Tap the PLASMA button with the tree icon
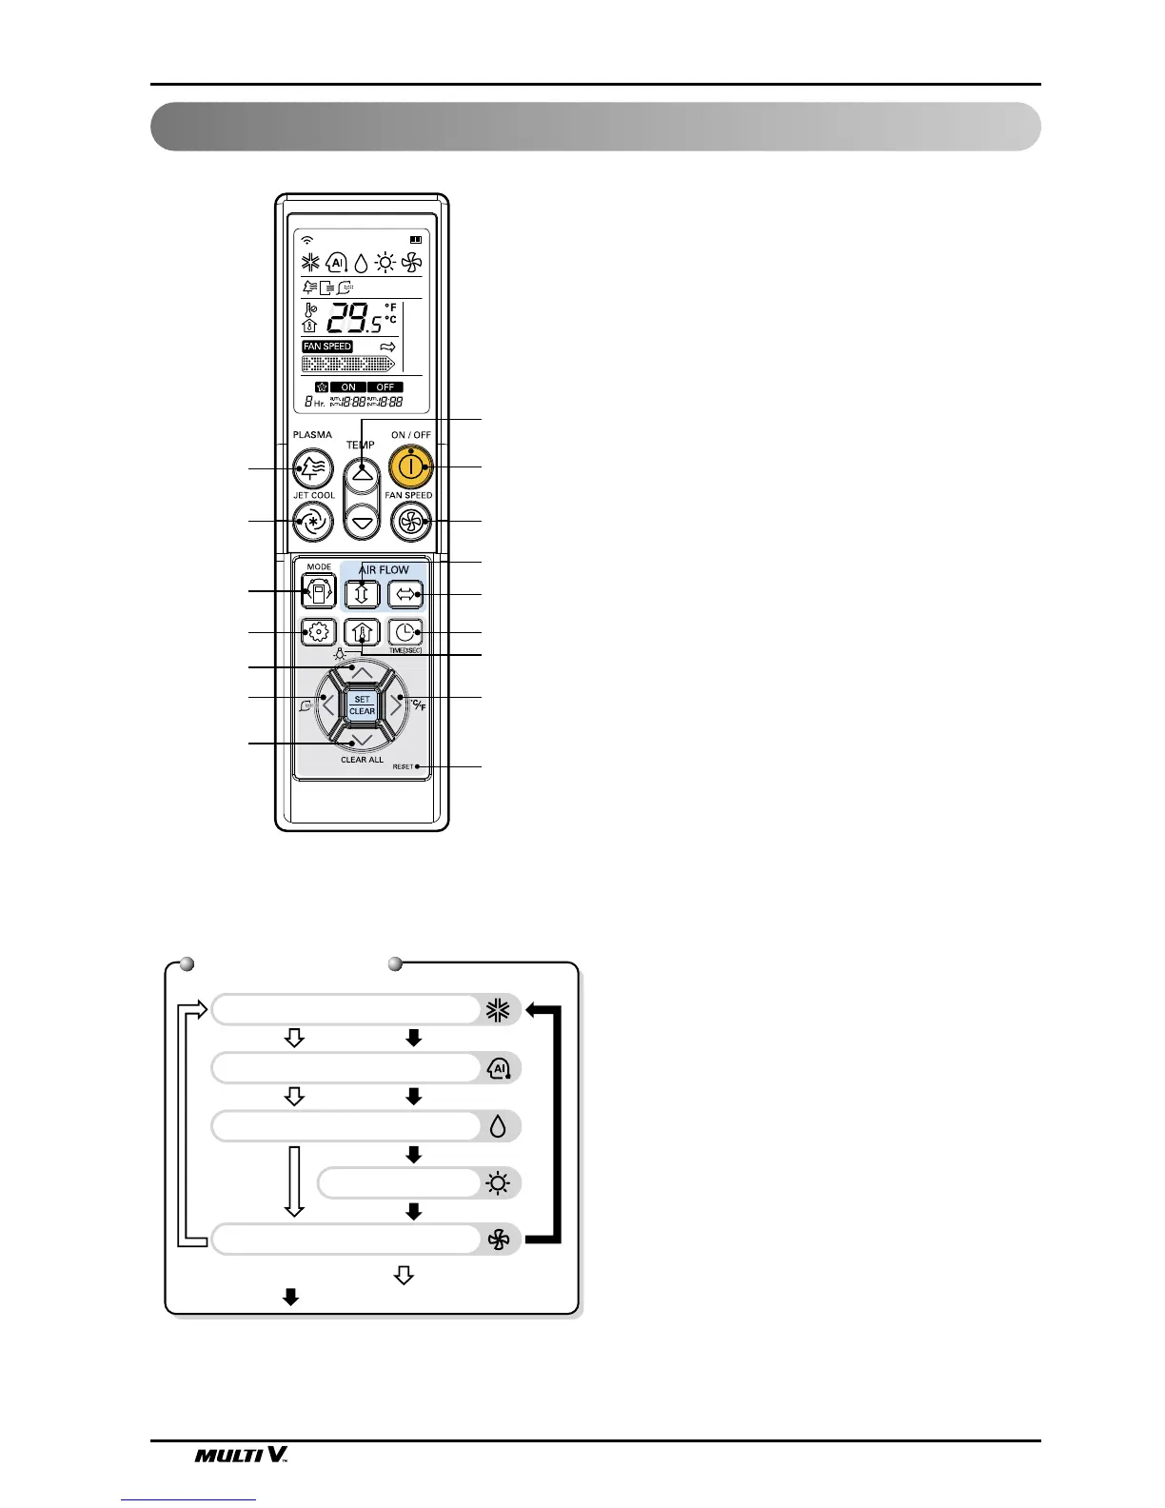coord(313,467)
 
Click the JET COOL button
coord(313,521)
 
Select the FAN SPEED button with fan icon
coord(411,521)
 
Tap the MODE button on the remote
coord(319,592)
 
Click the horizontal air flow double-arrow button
coord(405,594)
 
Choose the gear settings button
coord(319,632)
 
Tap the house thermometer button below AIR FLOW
coord(362,632)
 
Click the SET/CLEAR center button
coord(362,705)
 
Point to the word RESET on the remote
coord(403,766)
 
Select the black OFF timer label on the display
coord(385,387)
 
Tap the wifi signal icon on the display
coord(306,239)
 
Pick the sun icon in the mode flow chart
coord(498,1183)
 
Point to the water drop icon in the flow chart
coord(498,1127)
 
